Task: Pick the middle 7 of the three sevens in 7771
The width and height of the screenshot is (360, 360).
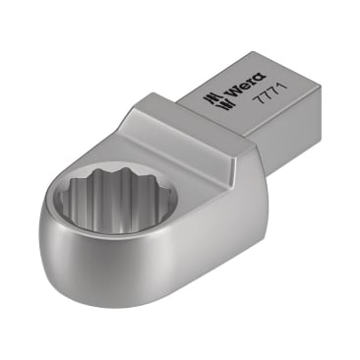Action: tap(269, 96)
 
